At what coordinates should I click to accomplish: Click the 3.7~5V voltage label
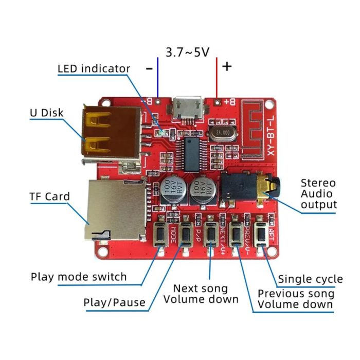point(188,51)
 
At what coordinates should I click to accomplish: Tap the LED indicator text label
point(94,68)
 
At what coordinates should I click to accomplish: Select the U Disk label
point(47,113)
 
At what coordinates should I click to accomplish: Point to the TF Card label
point(49,196)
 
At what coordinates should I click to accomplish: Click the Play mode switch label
point(79,277)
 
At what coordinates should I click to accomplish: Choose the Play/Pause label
point(114,302)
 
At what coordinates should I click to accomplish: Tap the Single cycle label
point(310,279)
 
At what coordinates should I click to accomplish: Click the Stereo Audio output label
point(318,193)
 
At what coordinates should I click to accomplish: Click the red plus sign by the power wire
point(227,66)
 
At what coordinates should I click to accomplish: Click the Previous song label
point(296,294)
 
